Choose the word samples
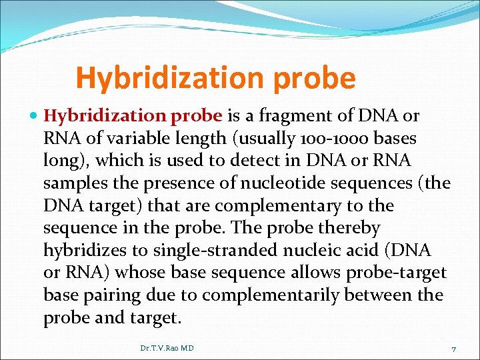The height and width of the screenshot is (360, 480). click(x=71, y=183)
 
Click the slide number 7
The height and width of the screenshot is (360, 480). click(x=453, y=349)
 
